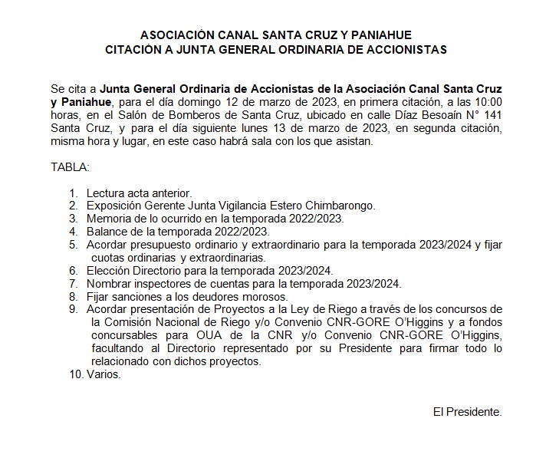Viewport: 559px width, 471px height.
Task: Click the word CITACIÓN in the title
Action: click(136, 50)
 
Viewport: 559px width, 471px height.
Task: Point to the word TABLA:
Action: click(71, 166)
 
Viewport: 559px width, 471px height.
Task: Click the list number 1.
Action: click(73, 193)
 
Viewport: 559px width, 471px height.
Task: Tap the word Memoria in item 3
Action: click(108, 219)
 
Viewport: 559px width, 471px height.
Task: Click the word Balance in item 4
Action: click(107, 232)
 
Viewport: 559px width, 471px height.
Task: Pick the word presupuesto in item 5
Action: click(162, 245)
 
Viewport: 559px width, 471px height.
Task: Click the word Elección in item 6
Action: click(108, 271)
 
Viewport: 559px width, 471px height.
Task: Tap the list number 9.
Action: click(73, 310)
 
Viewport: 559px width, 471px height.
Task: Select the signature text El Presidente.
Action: click(467, 412)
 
